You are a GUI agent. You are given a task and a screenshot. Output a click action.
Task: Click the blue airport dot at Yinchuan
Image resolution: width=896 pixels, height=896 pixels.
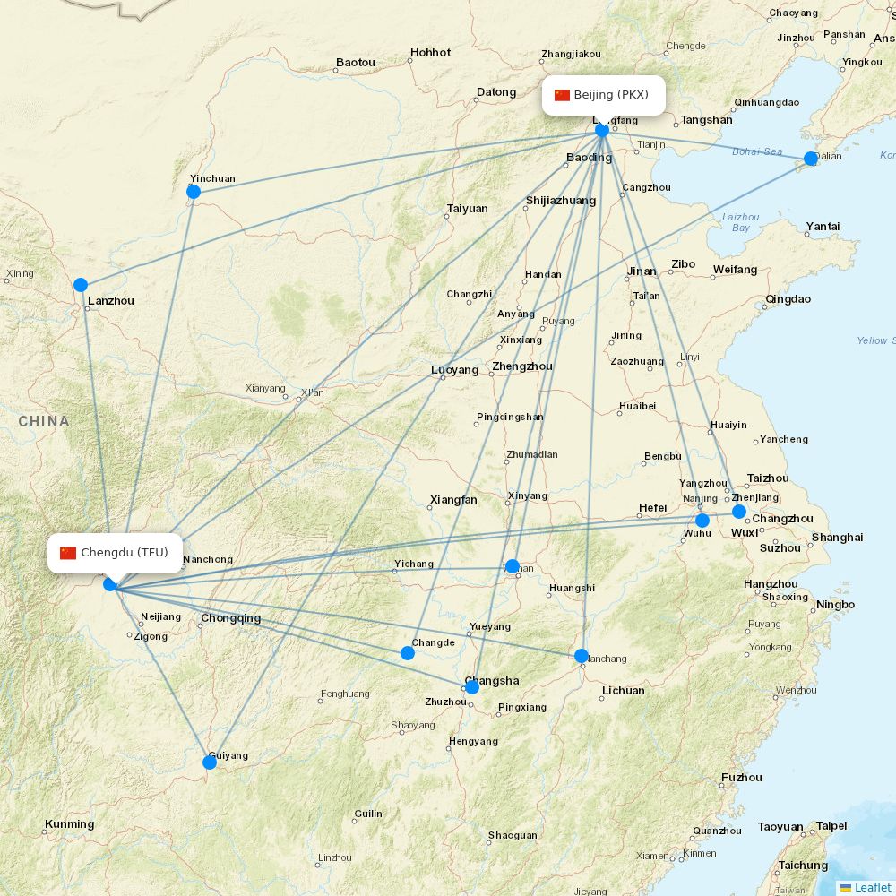pos(194,192)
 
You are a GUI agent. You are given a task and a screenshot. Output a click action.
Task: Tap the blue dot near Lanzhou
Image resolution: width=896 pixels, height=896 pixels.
pos(81,285)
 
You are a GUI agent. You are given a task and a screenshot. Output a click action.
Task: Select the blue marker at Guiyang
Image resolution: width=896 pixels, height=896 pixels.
pos(210,762)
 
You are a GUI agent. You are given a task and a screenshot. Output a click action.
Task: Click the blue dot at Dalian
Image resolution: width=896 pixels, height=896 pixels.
pos(811,159)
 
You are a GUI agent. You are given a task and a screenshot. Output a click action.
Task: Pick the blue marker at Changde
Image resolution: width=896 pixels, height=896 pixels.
pos(408,653)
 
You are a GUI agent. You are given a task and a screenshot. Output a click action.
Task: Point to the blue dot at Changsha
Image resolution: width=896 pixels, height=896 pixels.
pos(472,687)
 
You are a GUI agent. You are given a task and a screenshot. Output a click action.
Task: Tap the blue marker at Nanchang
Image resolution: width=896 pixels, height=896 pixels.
pos(582,656)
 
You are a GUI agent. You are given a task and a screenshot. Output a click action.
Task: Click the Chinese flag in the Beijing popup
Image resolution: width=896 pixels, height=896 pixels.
pos(562,95)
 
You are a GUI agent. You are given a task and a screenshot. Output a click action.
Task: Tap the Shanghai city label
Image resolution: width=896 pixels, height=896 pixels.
pos(837,538)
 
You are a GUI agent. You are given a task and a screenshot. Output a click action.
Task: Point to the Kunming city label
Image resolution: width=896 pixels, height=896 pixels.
pos(70,824)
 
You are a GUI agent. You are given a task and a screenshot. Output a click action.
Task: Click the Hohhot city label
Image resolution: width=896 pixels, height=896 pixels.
pos(430,53)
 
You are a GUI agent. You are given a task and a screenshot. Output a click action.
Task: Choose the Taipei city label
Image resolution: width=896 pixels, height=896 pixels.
pos(831,827)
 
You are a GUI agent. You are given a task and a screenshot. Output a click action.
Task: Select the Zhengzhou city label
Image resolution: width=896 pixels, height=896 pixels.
pos(522,366)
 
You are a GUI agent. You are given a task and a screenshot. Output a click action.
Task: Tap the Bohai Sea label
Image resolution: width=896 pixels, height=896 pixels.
pos(757,151)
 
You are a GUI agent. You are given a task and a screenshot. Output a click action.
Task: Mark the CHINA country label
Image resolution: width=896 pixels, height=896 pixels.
pos(43,421)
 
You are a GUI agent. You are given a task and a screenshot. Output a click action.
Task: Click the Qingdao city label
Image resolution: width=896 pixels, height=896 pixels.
pos(788,299)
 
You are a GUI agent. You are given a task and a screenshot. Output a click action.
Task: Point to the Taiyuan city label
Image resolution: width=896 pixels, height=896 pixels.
pos(467,209)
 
